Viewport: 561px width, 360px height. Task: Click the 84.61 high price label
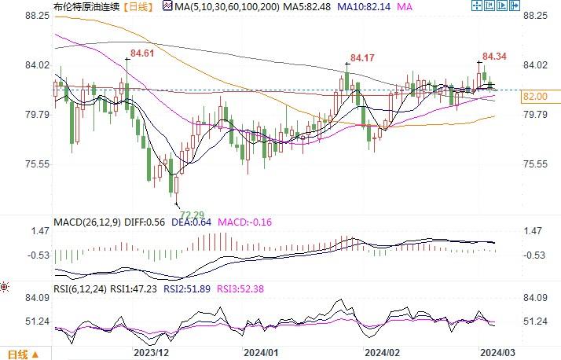141,53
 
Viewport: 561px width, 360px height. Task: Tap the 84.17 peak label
361,57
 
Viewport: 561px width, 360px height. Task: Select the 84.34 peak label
493,57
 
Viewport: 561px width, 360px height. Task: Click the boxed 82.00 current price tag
534,96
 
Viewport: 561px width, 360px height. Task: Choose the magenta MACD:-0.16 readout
244,222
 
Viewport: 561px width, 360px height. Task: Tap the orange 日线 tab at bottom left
17,353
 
